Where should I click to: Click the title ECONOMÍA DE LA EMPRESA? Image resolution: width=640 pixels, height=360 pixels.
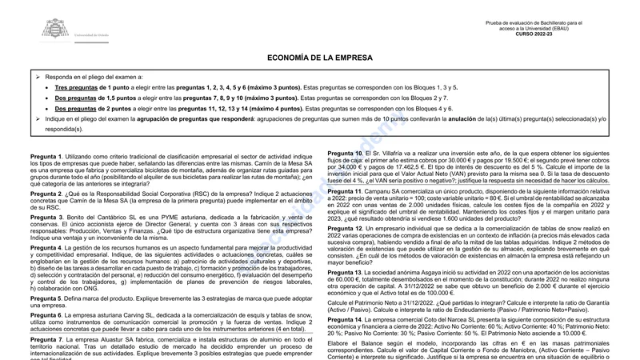pyautogui.click(x=320, y=58)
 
